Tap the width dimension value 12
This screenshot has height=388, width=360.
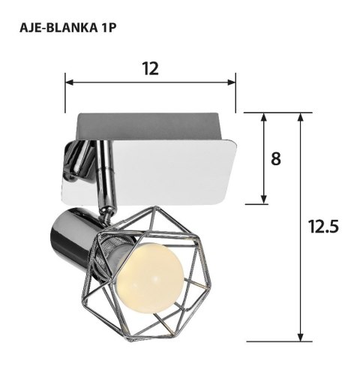click(x=150, y=68)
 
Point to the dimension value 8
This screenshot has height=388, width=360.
click(x=277, y=159)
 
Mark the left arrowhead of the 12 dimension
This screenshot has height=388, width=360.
click(x=70, y=81)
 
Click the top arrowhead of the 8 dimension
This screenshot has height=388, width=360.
click(x=264, y=119)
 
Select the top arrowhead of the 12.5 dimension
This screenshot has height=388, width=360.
click(x=301, y=119)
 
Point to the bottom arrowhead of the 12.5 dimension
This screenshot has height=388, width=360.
click(x=301, y=337)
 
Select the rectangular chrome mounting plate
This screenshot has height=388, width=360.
click(x=172, y=158)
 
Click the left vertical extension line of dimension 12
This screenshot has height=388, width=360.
click(x=65, y=94)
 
